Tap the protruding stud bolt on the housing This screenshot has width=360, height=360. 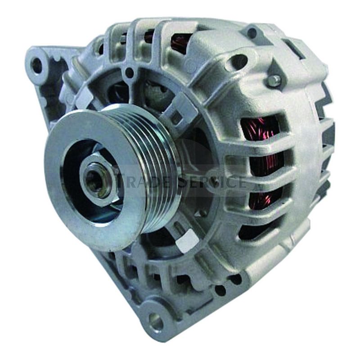coord(274,80)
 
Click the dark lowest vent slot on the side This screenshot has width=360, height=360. coord(252,232)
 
